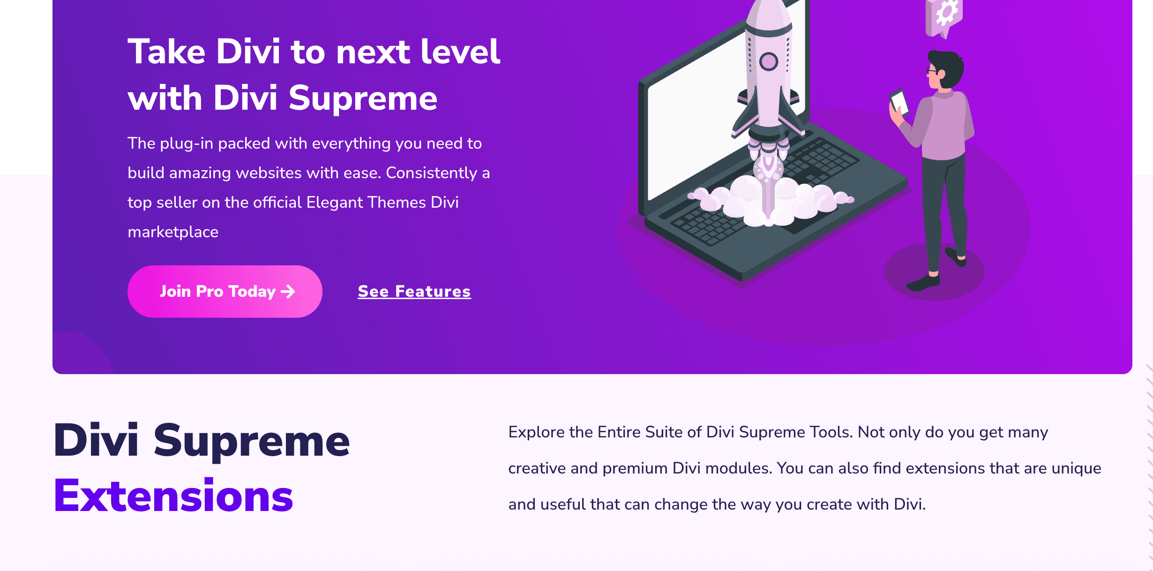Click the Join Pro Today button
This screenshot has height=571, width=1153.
[x=225, y=291]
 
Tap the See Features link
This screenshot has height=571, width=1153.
[x=414, y=291]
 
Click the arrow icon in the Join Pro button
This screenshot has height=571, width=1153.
[x=288, y=292]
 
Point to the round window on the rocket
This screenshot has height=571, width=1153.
[x=769, y=61]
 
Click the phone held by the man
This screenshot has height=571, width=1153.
[x=899, y=102]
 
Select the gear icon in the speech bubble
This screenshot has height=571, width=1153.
[x=947, y=13]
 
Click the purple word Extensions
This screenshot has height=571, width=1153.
[x=173, y=496]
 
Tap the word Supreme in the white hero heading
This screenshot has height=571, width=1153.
[x=363, y=98]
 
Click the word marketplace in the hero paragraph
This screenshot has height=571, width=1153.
[x=173, y=232]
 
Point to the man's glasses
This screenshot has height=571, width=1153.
[x=931, y=71]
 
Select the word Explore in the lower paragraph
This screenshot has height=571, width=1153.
[x=536, y=433]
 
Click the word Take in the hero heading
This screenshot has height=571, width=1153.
[x=166, y=52]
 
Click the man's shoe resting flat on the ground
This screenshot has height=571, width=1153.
[x=923, y=283]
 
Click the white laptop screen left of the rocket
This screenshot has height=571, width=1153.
[x=694, y=117]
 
